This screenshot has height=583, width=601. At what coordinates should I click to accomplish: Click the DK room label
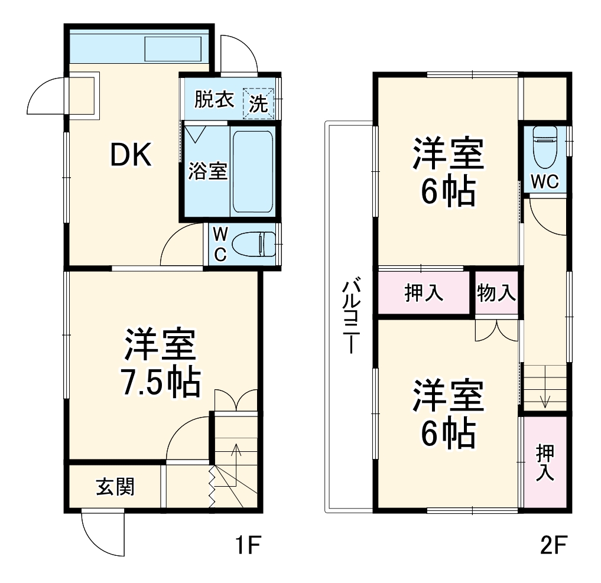click(x=132, y=155)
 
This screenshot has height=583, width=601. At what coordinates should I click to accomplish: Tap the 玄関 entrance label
click(x=115, y=487)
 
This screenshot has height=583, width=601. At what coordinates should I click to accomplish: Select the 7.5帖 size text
click(x=160, y=383)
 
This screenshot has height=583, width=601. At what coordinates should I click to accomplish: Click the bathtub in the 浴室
click(x=253, y=171)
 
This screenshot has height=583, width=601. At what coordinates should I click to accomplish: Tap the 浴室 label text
click(x=207, y=171)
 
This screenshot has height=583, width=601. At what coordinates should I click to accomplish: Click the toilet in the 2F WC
click(x=544, y=148)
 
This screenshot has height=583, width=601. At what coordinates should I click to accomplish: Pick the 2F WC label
click(x=544, y=183)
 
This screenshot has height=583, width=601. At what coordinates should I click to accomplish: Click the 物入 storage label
click(x=496, y=292)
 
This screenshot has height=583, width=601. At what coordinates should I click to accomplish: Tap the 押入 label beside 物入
click(x=424, y=292)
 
